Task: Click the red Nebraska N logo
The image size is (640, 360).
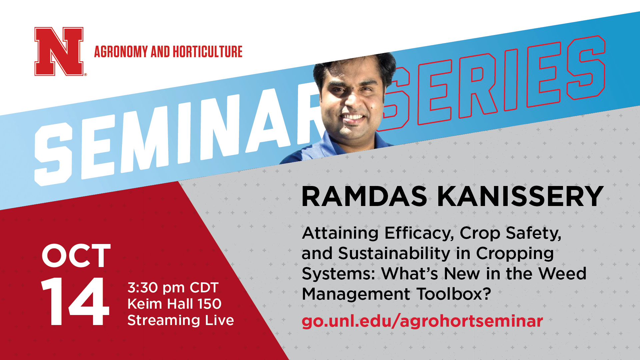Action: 59,51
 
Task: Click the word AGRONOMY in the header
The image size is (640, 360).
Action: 121,52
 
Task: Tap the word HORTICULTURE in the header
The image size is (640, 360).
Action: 207,52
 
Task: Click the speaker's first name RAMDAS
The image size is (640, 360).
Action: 364,197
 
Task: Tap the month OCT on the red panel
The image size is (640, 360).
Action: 76,256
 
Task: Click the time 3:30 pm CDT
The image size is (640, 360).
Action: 173,288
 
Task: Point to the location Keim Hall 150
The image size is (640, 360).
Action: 174,304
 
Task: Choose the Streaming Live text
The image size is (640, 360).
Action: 181,320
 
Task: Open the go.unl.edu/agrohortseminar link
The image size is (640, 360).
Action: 422,321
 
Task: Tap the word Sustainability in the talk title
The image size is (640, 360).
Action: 394,253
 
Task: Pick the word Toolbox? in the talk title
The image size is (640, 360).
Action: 454,294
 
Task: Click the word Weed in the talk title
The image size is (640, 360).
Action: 562,274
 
